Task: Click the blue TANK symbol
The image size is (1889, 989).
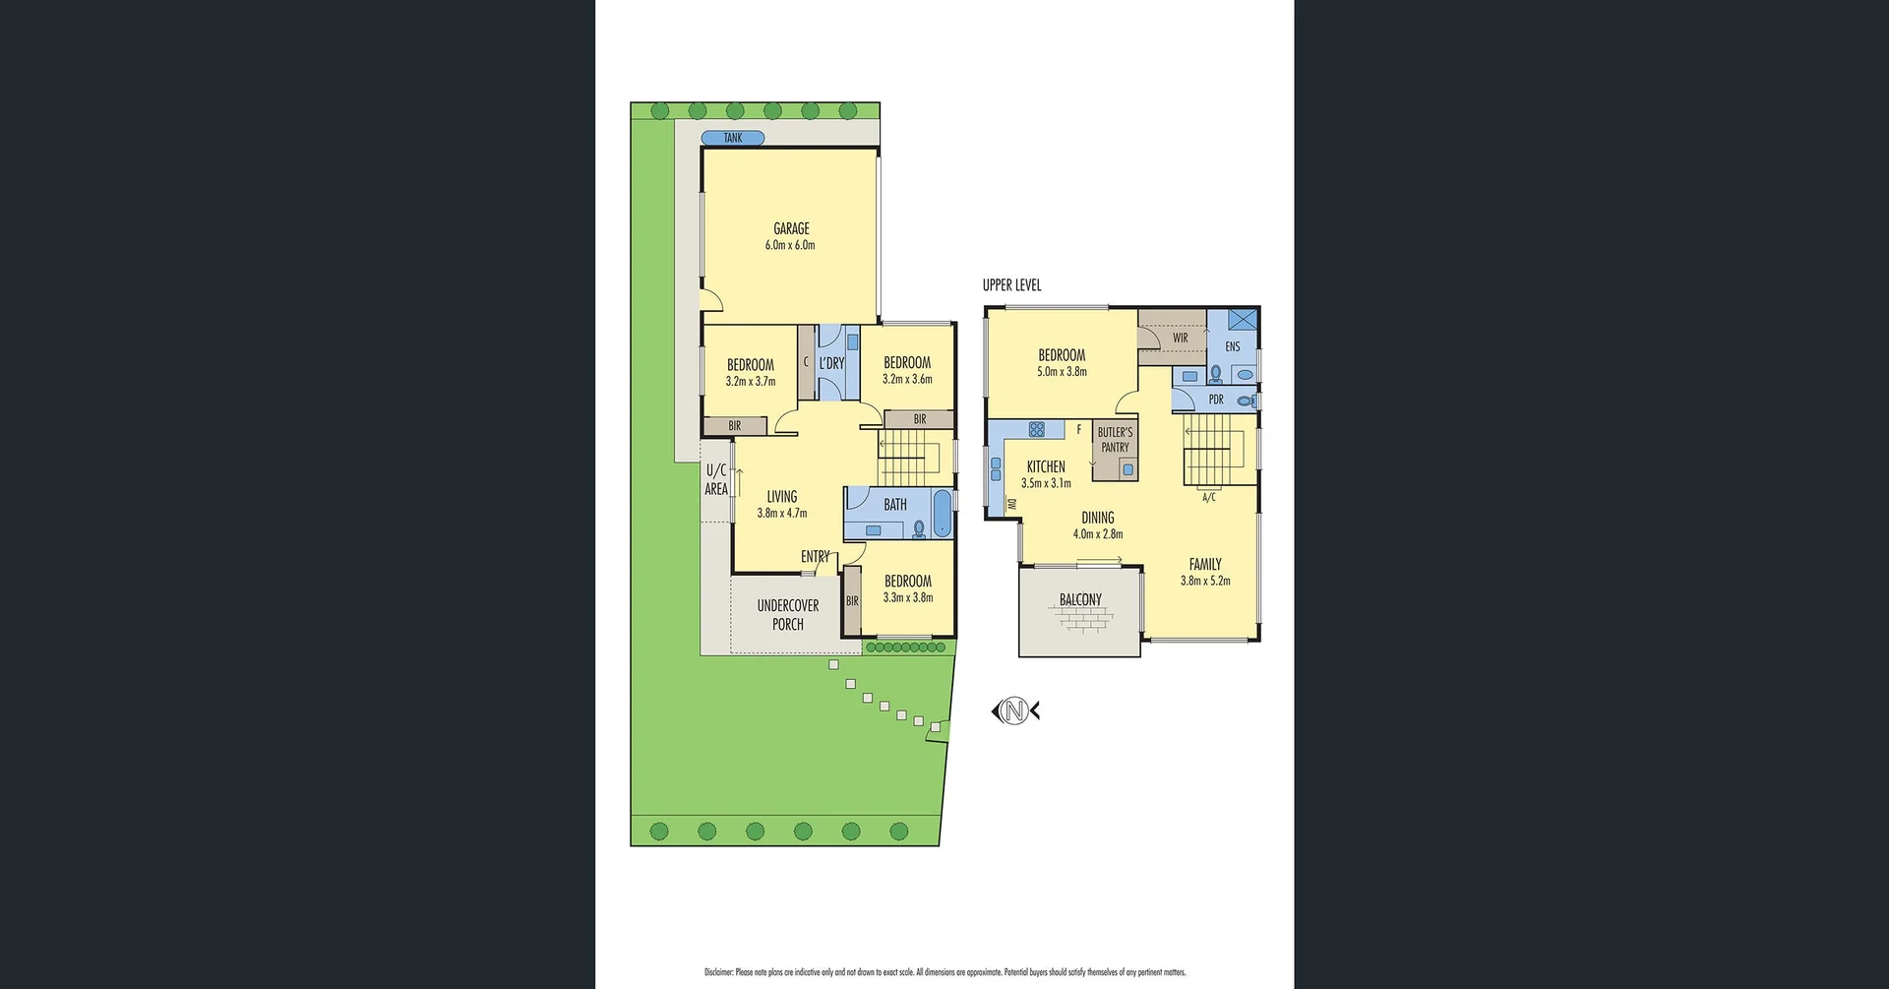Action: pyautogui.click(x=733, y=138)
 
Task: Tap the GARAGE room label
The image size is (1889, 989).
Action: pyautogui.click(x=791, y=228)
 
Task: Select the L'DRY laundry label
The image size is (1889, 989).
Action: pyautogui.click(x=831, y=363)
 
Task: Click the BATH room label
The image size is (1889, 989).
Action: pyautogui.click(x=894, y=505)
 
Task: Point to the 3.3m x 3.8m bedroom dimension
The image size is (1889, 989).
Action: pyautogui.click(x=907, y=597)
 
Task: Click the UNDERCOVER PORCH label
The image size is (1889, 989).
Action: pyautogui.click(x=787, y=615)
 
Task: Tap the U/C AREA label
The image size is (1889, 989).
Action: pyautogui.click(x=716, y=480)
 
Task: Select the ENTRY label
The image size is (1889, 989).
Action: pyautogui.click(x=815, y=557)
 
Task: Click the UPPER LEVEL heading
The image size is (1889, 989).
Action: pyautogui.click(x=1011, y=285)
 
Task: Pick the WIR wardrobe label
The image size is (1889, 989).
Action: pyautogui.click(x=1180, y=338)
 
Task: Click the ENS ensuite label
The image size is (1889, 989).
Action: pyautogui.click(x=1232, y=346)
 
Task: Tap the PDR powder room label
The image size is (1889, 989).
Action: pyautogui.click(x=1216, y=400)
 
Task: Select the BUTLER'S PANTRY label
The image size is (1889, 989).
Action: pyautogui.click(x=1115, y=440)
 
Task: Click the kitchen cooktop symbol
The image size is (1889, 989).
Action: pyautogui.click(x=1036, y=429)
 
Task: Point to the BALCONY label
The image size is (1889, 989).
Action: pyautogui.click(x=1080, y=599)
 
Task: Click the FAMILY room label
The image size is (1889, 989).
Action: pyautogui.click(x=1204, y=564)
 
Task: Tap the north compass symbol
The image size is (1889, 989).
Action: pyautogui.click(x=1015, y=711)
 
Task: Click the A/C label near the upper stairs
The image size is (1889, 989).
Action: pyautogui.click(x=1208, y=498)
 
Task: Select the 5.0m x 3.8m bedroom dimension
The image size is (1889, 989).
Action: pyautogui.click(x=1062, y=372)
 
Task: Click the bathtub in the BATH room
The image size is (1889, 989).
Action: pyautogui.click(x=943, y=514)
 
